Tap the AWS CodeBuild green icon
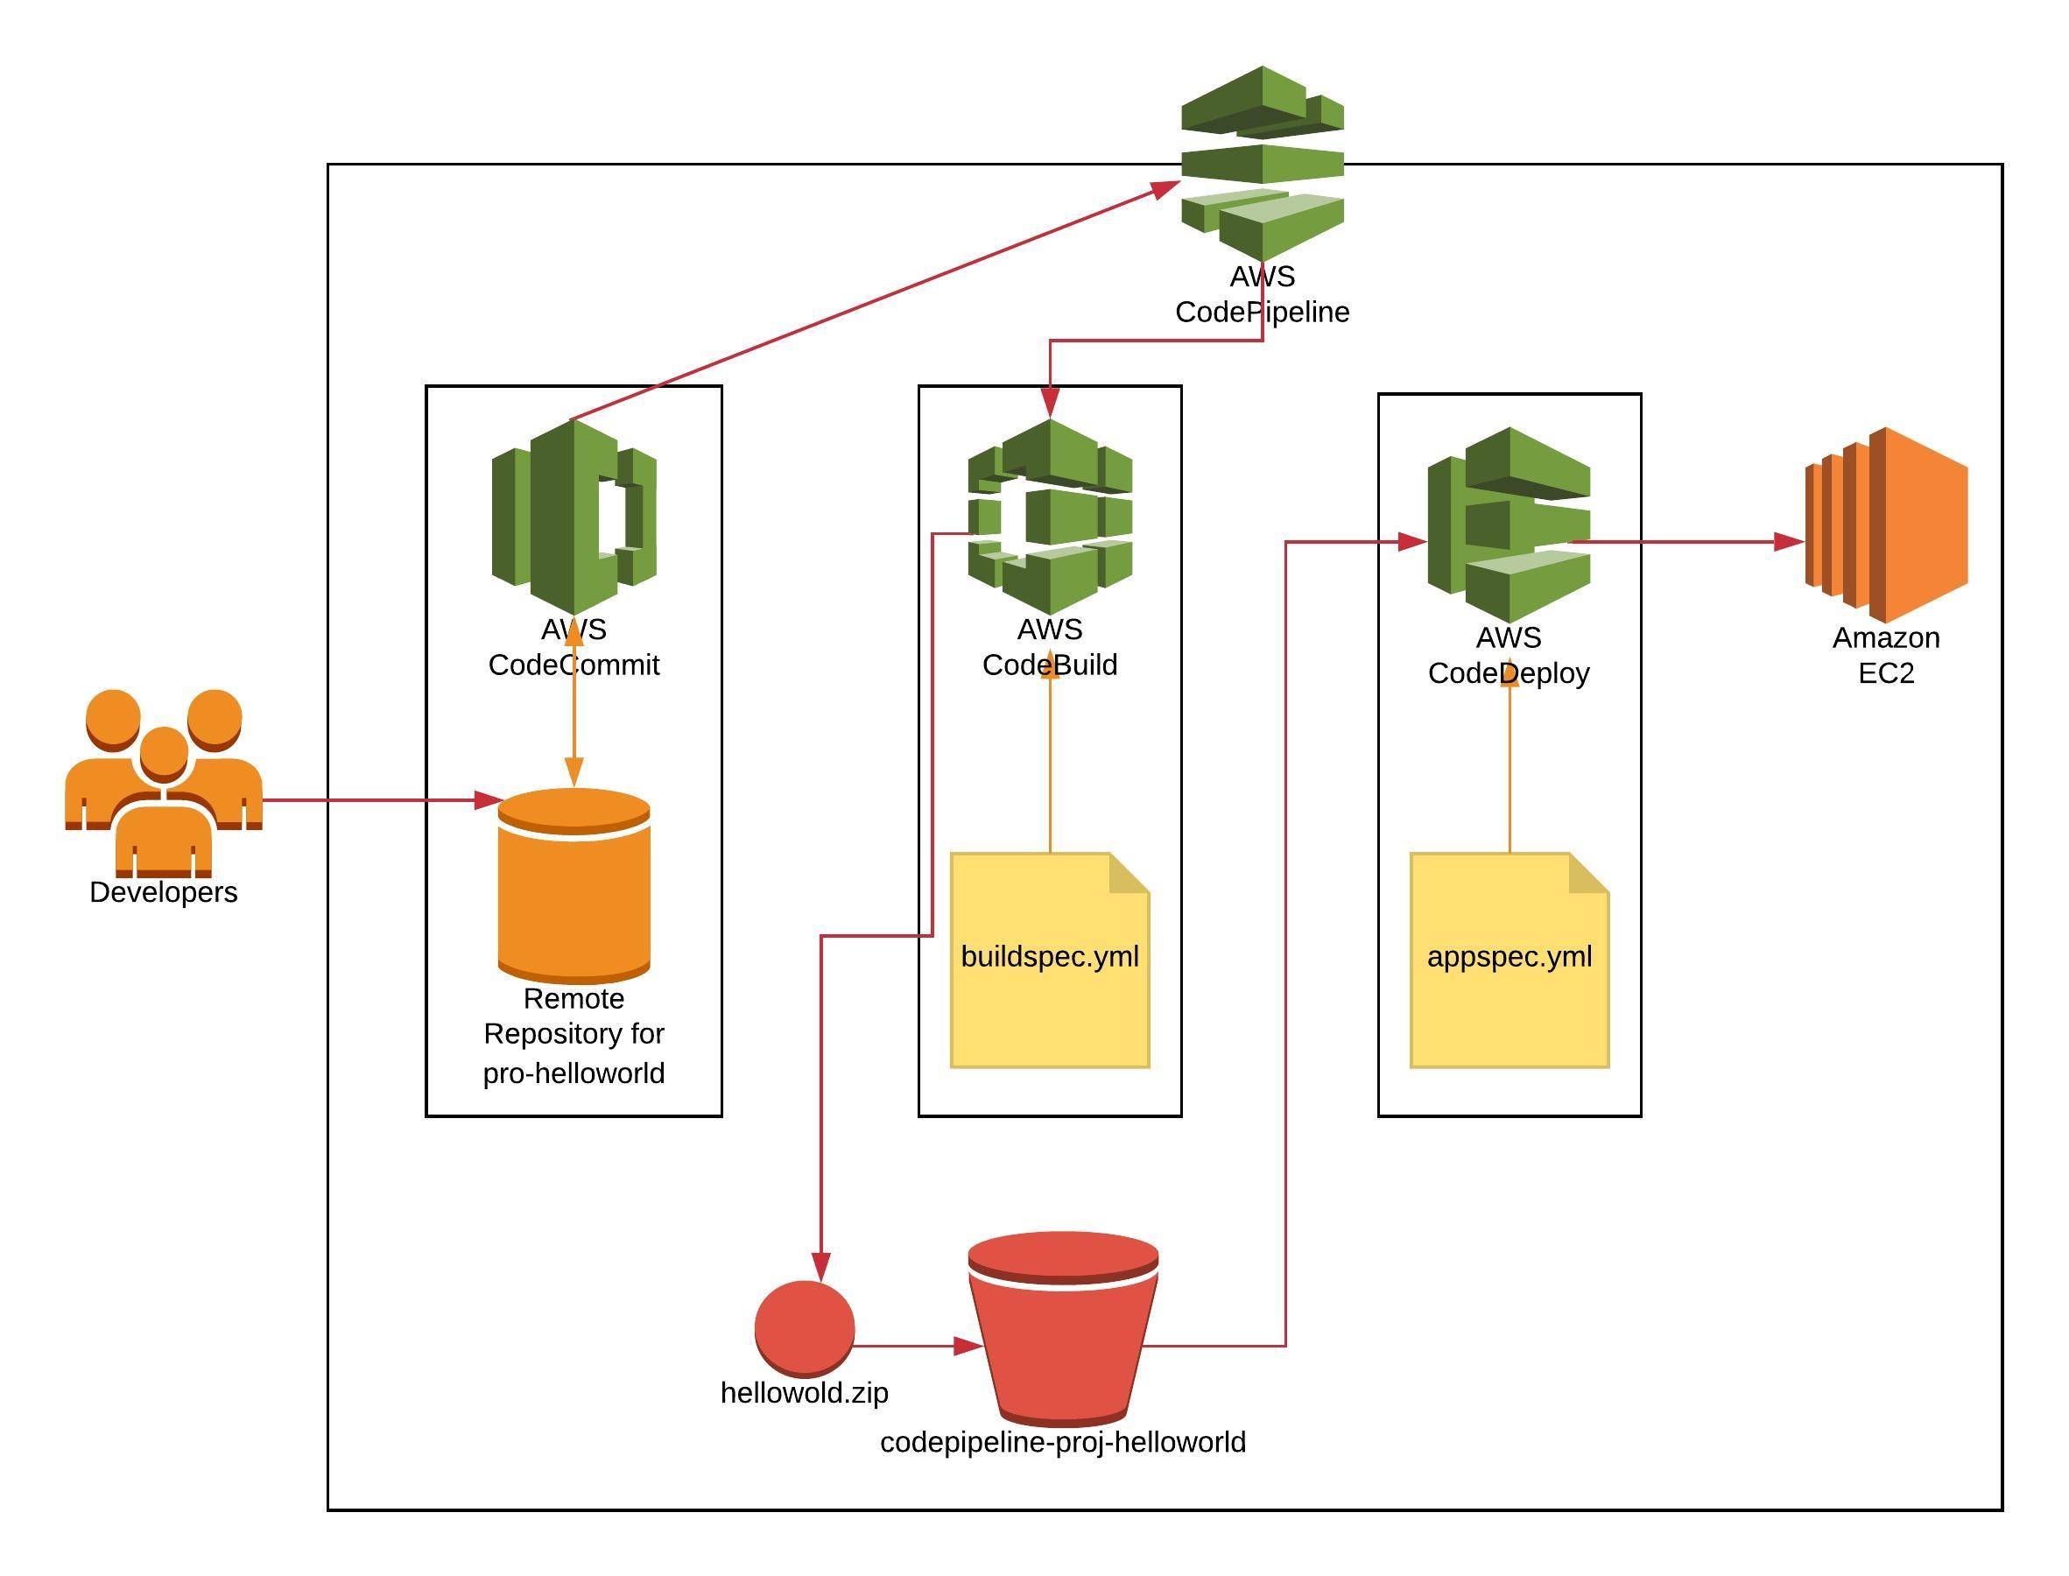[x=1050, y=516]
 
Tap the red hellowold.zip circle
[x=804, y=1327]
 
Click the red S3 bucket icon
[x=1063, y=1327]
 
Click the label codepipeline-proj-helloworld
[x=1063, y=1442]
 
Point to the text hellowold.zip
[x=804, y=1392]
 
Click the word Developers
[x=163, y=892]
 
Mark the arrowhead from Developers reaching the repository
[x=488, y=800]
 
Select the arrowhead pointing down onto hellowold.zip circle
[x=820, y=1268]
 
